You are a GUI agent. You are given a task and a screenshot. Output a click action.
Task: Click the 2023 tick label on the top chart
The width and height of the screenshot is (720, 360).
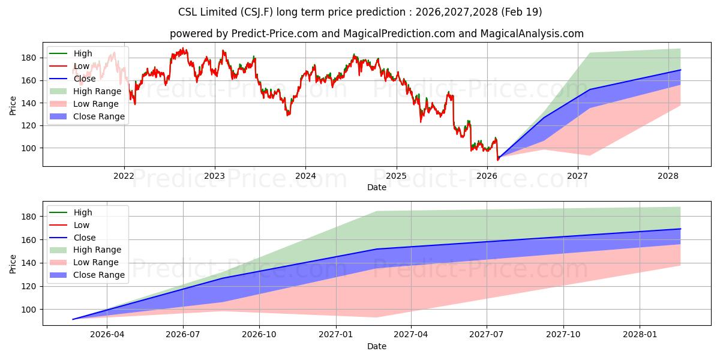point(215,176)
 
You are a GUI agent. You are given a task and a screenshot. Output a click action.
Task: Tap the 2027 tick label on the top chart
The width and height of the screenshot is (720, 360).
point(578,176)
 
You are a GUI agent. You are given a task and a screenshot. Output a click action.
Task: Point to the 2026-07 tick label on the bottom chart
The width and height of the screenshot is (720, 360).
point(183,334)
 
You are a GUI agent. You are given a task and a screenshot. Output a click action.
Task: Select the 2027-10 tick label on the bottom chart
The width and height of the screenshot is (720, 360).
point(563,334)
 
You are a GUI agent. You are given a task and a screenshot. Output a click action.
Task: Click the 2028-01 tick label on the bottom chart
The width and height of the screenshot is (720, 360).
point(640,334)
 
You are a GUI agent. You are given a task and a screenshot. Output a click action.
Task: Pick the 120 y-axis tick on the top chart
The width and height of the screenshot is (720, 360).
point(28,125)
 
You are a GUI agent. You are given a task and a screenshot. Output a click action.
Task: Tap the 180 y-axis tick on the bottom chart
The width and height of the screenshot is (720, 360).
point(28,217)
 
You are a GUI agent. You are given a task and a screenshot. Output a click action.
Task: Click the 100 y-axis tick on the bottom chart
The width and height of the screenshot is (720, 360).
point(28,310)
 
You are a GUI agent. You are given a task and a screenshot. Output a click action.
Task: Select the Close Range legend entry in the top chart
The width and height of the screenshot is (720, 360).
point(87,116)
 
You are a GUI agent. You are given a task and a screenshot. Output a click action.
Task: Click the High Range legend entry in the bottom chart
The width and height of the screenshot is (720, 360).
point(85,250)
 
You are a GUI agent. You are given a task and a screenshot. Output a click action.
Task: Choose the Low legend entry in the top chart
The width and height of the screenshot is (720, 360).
point(69,66)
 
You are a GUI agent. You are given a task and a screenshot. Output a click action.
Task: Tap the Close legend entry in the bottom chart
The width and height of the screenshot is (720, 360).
point(73,238)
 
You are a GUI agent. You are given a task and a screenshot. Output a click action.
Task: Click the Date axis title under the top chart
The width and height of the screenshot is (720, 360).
point(377,187)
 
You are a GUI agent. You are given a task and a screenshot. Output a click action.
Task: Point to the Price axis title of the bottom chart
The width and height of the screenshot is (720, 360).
point(13,264)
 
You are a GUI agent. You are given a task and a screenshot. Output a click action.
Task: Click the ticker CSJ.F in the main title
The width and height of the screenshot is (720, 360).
point(257,12)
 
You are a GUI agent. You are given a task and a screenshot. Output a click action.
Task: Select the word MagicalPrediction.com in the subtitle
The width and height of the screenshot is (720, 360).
point(399,34)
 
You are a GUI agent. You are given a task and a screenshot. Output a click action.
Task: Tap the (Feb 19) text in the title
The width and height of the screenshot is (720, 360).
point(521,12)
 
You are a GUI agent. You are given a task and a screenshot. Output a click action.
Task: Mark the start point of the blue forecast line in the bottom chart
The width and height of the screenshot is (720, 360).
point(73,319)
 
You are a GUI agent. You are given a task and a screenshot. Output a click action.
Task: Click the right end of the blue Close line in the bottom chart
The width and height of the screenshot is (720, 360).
point(680,229)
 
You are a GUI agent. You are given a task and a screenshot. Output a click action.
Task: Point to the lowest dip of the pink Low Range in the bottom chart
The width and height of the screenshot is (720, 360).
point(376,317)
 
